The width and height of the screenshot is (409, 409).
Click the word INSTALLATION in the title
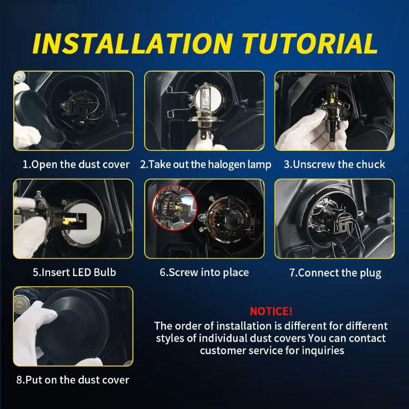(132, 43)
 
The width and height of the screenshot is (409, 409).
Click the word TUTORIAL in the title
(310, 43)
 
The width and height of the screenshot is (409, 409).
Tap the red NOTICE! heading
(271, 311)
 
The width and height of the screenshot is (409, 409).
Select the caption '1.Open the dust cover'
(76, 165)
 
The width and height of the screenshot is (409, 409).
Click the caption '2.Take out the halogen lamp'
(206, 165)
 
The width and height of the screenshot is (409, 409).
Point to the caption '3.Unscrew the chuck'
(334, 165)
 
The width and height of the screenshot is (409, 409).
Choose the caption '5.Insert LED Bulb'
(74, 272)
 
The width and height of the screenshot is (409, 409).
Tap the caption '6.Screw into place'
(204, 272)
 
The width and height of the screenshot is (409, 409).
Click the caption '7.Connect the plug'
(335, 273)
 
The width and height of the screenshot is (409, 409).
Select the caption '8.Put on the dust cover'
(73, 380)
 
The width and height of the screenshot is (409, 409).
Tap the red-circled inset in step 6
(174, 208)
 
